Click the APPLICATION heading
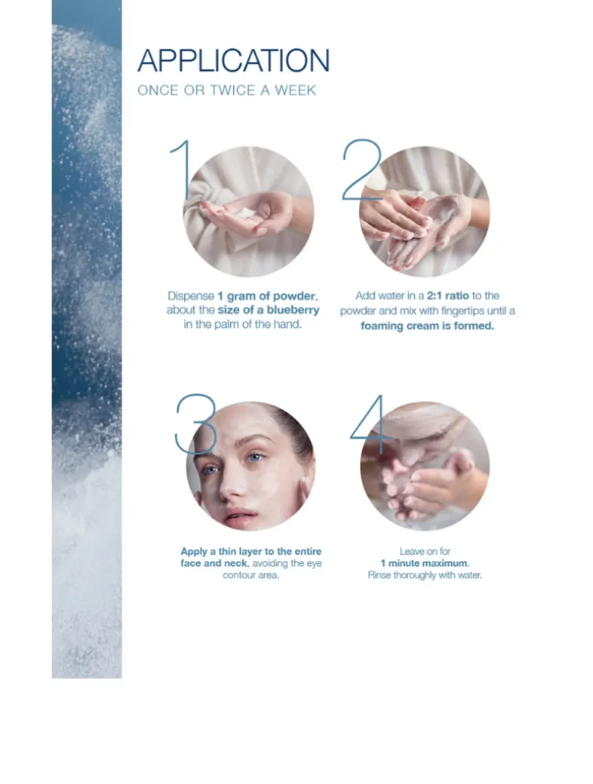[234, 60]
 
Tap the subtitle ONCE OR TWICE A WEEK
[226, 90]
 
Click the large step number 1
[181, 170]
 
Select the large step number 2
[362, 170]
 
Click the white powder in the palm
[246, 213]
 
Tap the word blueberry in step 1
[293, 310]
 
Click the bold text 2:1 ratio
[448, 296]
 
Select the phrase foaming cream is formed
[427, 326]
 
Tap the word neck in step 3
[235, 564]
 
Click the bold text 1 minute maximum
[424, 564]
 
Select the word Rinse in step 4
[379, 575]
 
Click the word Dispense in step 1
[191, 296]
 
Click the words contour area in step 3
[250, 575]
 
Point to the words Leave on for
[425, 552]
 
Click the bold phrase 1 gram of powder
[266, 296]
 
